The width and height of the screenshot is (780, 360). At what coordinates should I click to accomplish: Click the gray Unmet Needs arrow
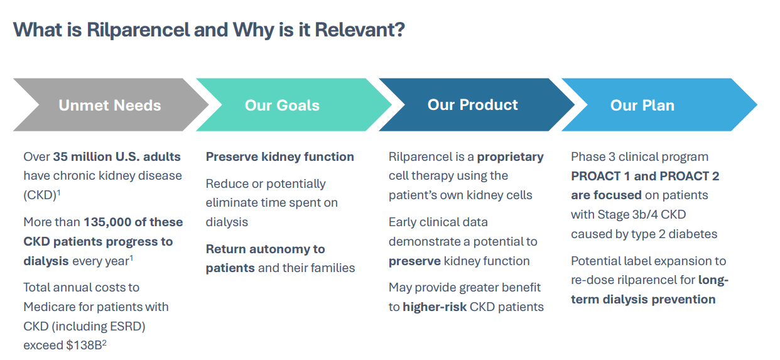click(x=110, y=105)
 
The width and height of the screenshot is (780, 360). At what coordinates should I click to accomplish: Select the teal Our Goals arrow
click(x=283, y=105)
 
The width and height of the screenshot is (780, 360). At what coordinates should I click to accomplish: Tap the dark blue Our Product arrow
click(x=473, y=105)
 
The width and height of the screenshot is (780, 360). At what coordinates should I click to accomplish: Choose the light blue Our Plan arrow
click(x=642, y=105)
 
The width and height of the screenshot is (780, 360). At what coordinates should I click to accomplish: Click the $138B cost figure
click(x=83, y=345)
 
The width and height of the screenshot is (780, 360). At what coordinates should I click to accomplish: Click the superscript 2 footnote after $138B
click(x=104, y=342)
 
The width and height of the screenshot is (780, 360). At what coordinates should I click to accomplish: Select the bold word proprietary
click(x=510, y=156)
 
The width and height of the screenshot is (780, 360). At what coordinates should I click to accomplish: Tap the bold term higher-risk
click(x=434, y=307)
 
